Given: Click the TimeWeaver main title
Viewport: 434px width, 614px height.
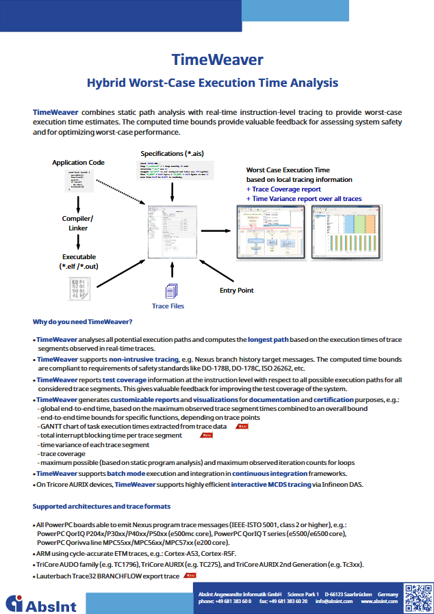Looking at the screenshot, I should click(217, 59).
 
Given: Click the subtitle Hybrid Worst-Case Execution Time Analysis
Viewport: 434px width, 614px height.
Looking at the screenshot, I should click(212, 83).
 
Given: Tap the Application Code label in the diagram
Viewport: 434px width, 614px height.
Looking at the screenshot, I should click(79, 163).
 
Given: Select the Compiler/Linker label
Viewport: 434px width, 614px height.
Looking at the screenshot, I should click(79, 223).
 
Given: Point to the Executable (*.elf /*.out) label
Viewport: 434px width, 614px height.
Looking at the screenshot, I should click(79, 262).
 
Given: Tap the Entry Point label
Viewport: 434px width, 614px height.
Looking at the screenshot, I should click(237, 291).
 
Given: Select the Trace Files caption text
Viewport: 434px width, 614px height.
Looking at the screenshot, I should click(168, 306).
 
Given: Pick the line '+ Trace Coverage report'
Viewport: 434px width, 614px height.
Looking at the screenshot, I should click(283, 189).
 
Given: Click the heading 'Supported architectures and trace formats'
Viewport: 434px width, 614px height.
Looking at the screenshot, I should click(101, 507).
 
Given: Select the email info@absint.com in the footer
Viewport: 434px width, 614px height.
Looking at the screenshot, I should click(335, 602).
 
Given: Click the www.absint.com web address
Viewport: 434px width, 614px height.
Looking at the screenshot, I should click(380, 602).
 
